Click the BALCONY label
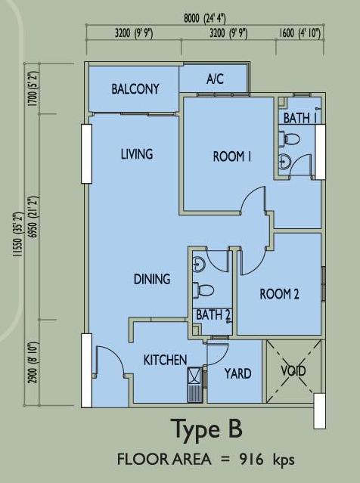135,89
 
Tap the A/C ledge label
215,79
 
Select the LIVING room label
137,154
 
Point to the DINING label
152,279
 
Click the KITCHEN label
165,360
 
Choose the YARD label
238,373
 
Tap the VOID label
293,370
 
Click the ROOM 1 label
231,156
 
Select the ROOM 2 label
279,294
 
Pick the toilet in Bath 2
203,290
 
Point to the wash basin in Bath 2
198,264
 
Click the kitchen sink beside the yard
194,385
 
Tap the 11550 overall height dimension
18,234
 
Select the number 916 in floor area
252,460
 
